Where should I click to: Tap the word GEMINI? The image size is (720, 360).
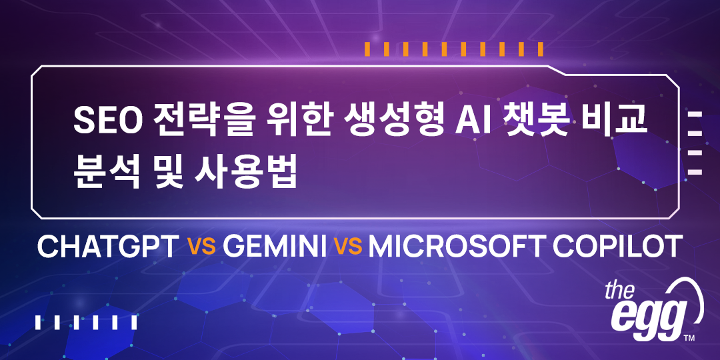click(x=275, y=247)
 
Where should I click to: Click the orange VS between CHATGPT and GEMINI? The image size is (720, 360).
click(x=201, y=247)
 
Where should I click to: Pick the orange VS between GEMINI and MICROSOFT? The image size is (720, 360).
click(x=348, y=247)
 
